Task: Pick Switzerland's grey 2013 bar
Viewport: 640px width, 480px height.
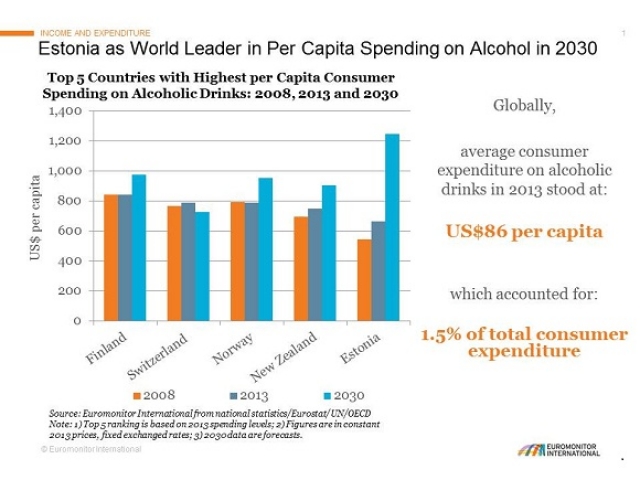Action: point(188,261)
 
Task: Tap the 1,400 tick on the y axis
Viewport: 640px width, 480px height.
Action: point(64,111)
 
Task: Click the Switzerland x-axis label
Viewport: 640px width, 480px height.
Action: point(160,354)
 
